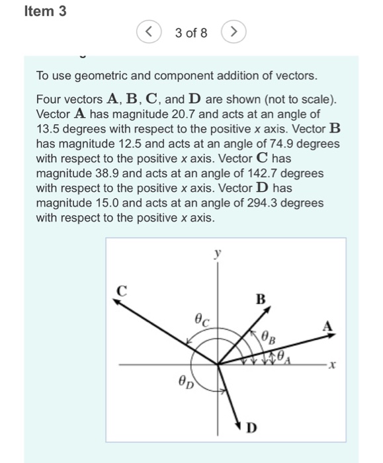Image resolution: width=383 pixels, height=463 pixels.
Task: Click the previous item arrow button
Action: tap(149, 32)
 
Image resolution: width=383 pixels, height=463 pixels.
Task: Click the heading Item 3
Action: tap(45, 11)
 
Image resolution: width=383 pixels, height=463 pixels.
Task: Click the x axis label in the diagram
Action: tap(334, 363)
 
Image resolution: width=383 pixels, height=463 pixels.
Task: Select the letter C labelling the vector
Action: tap(120, 288)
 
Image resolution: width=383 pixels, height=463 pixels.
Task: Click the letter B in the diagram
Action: tap(261, 299)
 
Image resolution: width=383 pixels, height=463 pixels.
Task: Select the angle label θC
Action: tap(202, 321)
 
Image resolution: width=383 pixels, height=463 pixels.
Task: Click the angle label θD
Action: tap(186, 382)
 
